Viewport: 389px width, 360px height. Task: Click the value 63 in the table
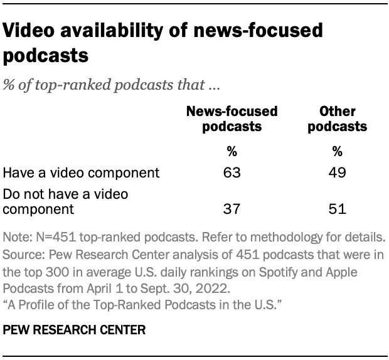point(232,172)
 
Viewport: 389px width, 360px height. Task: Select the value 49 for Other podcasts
point(337,172)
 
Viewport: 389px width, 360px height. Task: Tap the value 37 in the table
point(232,207)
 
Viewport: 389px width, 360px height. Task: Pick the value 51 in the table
point(337,207)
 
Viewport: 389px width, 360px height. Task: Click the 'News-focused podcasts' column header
point(232,119)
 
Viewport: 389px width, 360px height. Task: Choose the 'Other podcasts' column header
point(337,119)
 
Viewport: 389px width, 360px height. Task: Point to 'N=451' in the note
point(48,239)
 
